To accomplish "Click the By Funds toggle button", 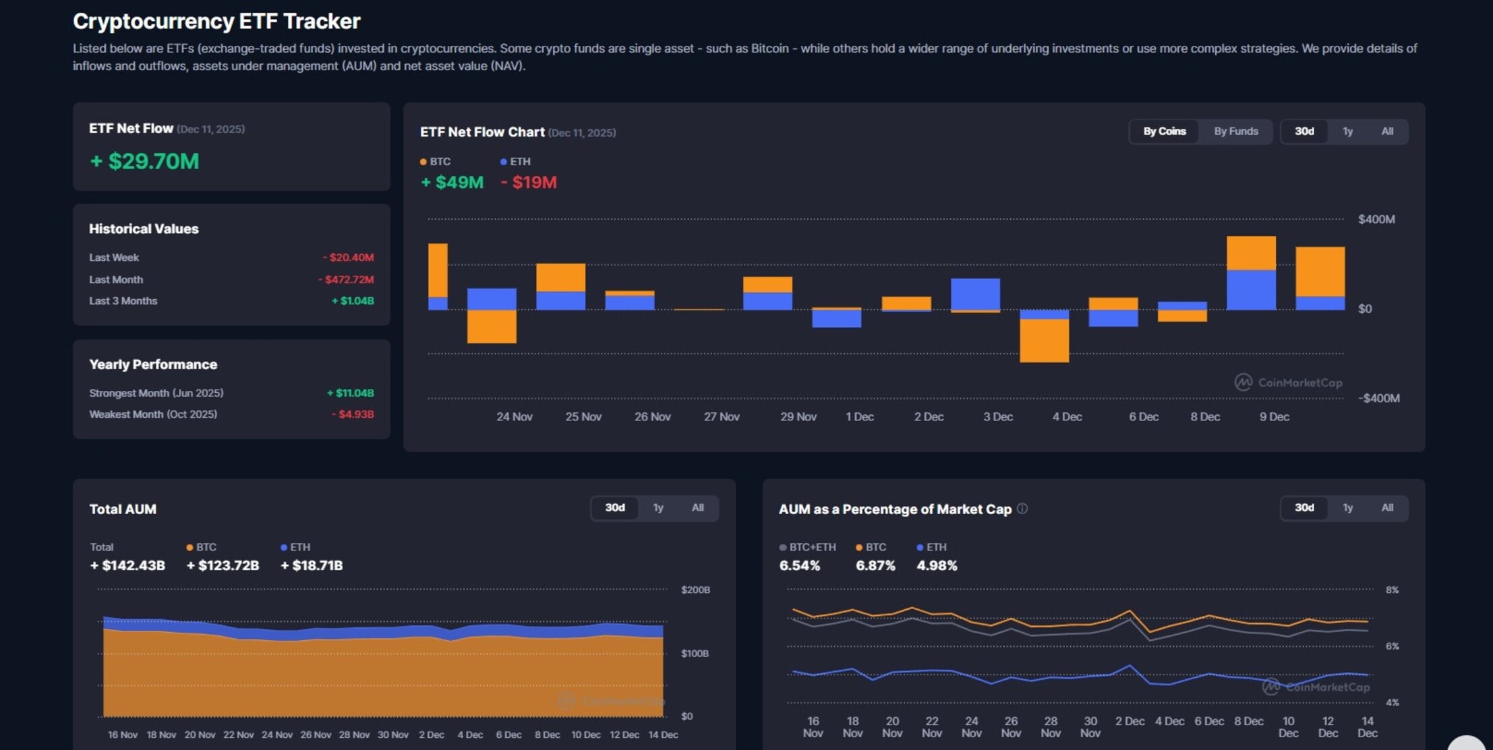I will pos(1235,131).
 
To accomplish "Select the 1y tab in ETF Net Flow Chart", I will pos(1347,131).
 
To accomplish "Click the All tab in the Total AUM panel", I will pos(697,508).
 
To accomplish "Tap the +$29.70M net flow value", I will pos(144,162).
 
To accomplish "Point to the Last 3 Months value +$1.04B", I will pos(353,301).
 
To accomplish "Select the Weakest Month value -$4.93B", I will pos(353,414).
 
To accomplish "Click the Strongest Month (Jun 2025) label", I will pos(156,393).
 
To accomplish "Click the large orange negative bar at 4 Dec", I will pos(1044,340).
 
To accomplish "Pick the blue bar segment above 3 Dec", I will pos(975,294).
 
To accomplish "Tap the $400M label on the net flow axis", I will pos(1376,220).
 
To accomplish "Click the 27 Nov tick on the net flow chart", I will pos(721,417).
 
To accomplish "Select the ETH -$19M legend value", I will pos(529,183).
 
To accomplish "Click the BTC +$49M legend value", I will pos(452,183).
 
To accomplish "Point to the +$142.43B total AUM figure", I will pos(127,565).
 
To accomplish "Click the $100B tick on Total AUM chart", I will pos(694,654).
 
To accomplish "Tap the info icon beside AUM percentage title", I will pos(1022,509).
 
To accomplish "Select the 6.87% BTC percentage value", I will pos(875,566).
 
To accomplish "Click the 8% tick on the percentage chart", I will pos(1392,590).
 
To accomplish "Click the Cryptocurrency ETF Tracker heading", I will pos(216,22).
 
